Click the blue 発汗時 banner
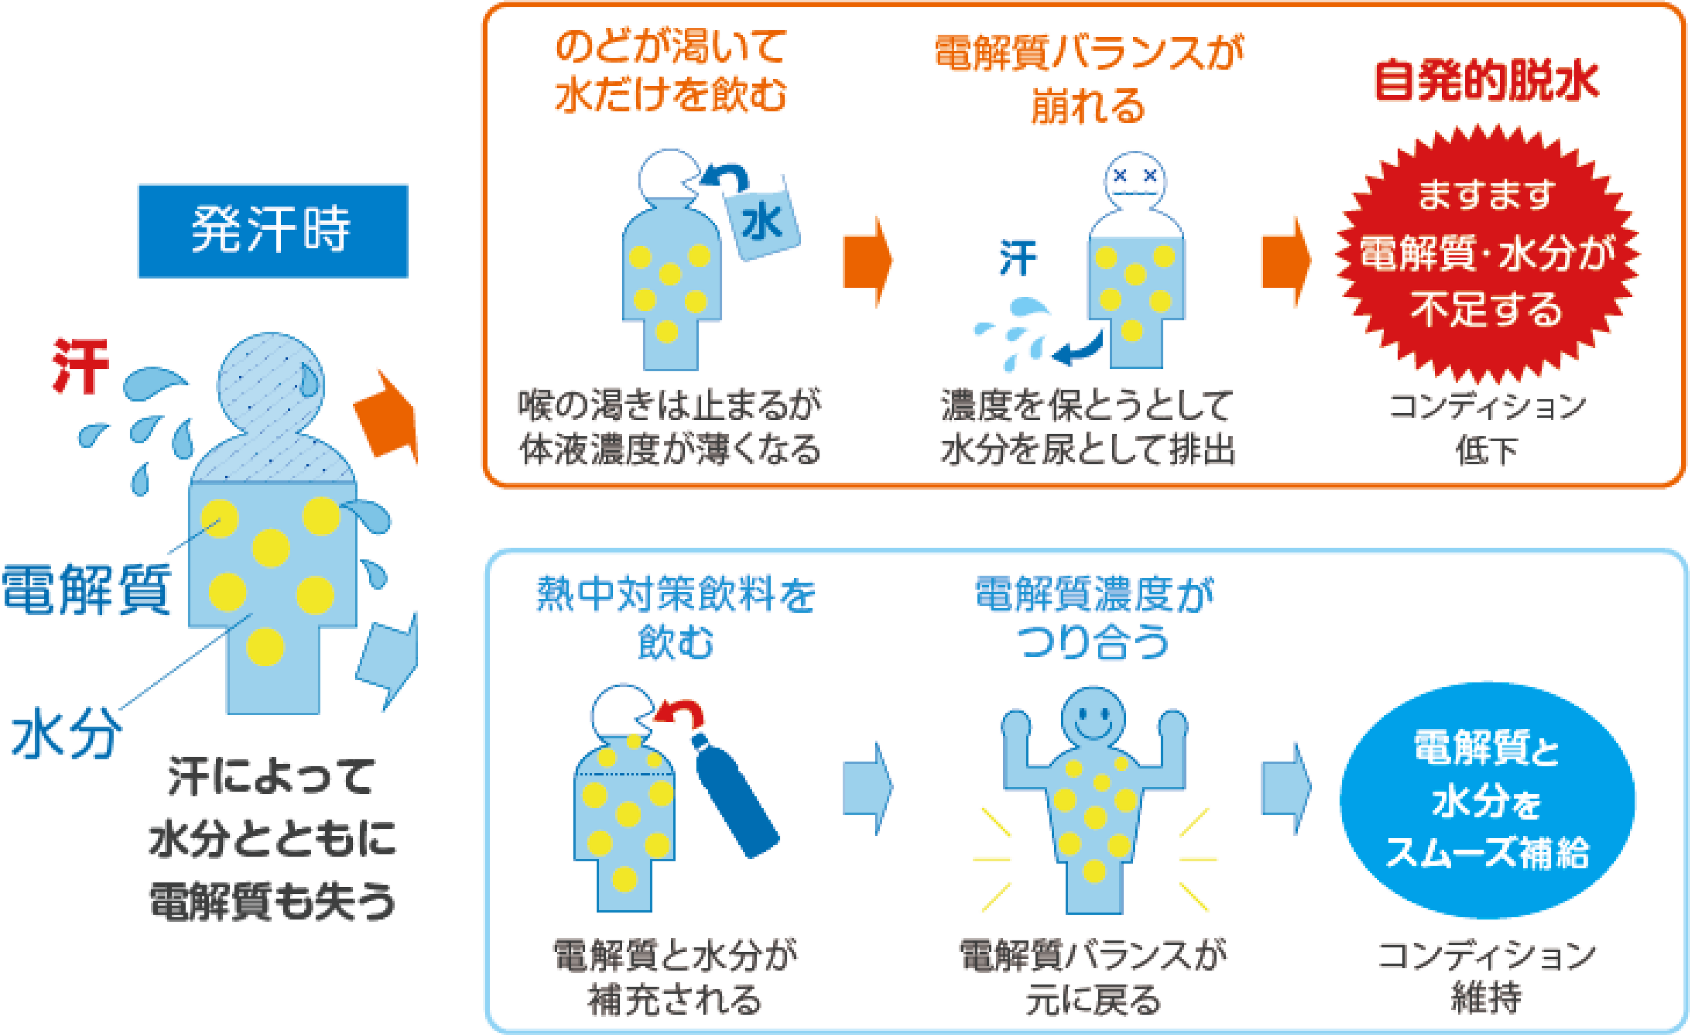click(273, 231)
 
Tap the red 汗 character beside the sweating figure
click(81, 366)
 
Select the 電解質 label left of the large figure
click(86, 588)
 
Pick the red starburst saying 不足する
click(1487, 254)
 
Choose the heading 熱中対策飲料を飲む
click(676, 617)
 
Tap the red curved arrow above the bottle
click(680, 713)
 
